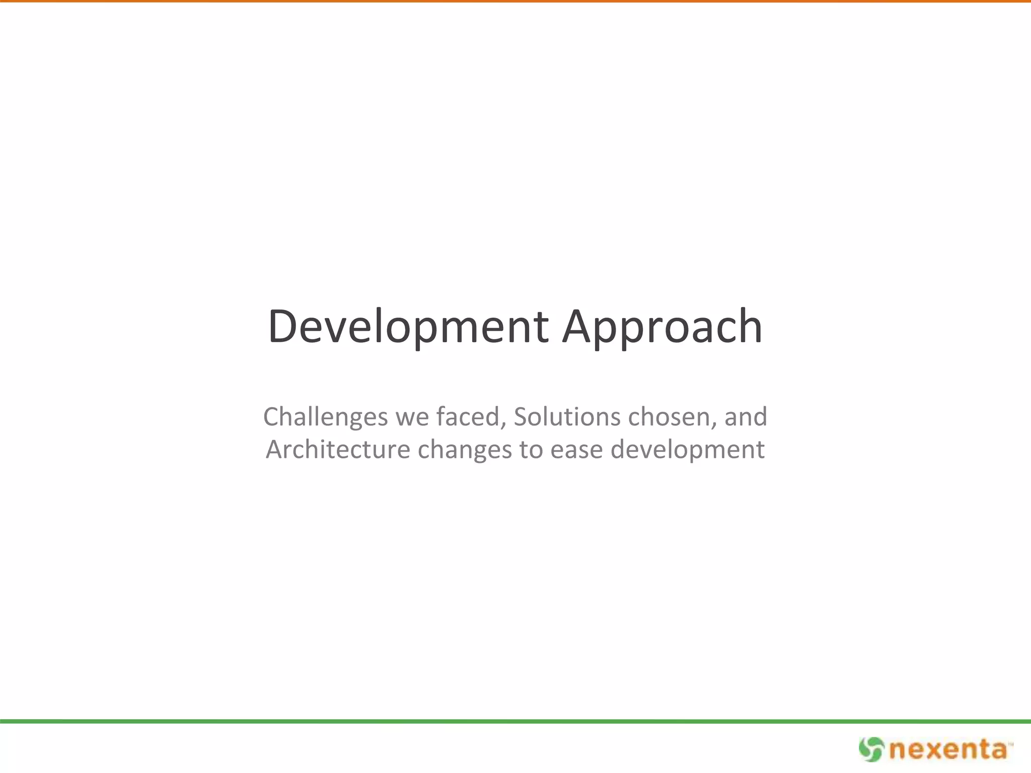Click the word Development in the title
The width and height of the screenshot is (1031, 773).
pos(408,327)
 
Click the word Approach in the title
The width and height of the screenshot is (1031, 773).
pos(662,327)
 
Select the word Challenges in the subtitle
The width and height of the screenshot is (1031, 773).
pos(325,417)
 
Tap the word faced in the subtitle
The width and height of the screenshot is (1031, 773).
pos(469,417)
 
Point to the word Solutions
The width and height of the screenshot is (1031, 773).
pos(567,417)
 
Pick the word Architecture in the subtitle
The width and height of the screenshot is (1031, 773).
pos(338,449)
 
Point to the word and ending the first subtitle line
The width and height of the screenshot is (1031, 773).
pos(746,417)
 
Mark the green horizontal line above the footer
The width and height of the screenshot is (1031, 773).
pos(515,721)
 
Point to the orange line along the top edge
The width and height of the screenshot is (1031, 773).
pos(515,2)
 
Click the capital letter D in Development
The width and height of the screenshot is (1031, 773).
pos(284,327)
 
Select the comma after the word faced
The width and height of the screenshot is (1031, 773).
pos(503,425)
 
